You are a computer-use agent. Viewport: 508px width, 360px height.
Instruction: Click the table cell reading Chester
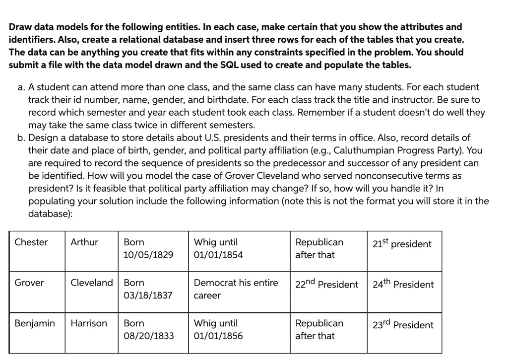[31, 242]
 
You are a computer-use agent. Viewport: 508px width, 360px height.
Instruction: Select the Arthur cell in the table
[84, 242]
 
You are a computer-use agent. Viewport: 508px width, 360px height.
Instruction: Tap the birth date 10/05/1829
[148, 255]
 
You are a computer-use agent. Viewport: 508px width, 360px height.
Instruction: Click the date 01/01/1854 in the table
[218, 255]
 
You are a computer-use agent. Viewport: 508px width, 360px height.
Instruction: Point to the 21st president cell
[402, 244]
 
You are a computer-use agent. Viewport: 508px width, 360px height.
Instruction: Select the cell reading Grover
[29, 283]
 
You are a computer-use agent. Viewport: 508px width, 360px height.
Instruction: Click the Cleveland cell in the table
[92, 283]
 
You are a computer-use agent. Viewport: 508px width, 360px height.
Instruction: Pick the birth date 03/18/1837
[148, 295]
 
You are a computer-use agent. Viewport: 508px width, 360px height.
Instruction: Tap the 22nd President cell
[326, 285]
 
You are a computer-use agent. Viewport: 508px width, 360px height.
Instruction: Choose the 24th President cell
[403, 285]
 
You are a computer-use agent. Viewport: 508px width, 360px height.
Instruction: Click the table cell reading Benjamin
[35, 324]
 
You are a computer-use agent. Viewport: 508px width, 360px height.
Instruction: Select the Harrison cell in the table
[89, 324]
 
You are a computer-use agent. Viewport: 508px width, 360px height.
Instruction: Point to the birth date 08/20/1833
[149, 336]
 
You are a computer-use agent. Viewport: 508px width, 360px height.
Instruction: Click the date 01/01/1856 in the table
[218, 336]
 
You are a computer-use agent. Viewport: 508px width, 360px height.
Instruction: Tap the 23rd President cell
[403, 325]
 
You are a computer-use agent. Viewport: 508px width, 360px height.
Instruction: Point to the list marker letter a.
[21, 87]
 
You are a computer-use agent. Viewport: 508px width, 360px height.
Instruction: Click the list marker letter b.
[21, 138]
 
